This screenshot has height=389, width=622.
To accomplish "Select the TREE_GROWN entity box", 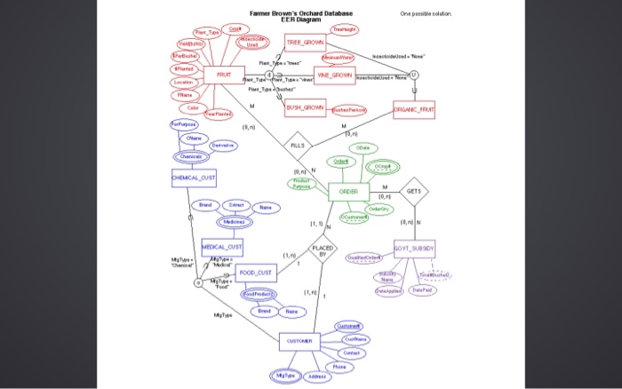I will coord(305,43).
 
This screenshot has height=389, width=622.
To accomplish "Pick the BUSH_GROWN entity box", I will coord(305,108).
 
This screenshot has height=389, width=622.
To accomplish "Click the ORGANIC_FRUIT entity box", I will coord(414,111).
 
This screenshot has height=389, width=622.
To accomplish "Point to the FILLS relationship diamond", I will coord(297,144).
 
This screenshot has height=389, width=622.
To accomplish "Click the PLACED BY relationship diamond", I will coord(323,250).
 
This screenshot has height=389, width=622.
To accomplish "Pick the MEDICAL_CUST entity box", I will coord(222,246).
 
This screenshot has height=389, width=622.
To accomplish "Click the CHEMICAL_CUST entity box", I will coord(194,178).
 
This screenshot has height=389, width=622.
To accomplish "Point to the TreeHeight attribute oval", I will coord(345,29).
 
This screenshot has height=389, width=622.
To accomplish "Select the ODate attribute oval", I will coord(363,147).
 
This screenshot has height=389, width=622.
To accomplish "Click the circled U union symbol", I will coord(414,77).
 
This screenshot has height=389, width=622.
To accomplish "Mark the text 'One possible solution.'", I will coord(426,14).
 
